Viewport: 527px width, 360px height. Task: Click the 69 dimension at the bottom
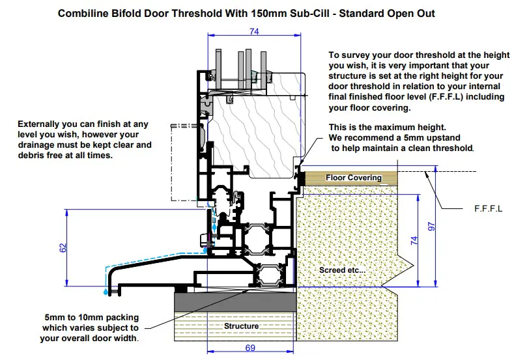[250, 349]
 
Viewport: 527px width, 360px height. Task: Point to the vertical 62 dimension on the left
[63, 248]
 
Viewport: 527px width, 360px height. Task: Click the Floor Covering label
[354, 178]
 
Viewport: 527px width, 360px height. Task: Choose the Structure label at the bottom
[241, 325]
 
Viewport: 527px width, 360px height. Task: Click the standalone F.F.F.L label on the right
[487, 210]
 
